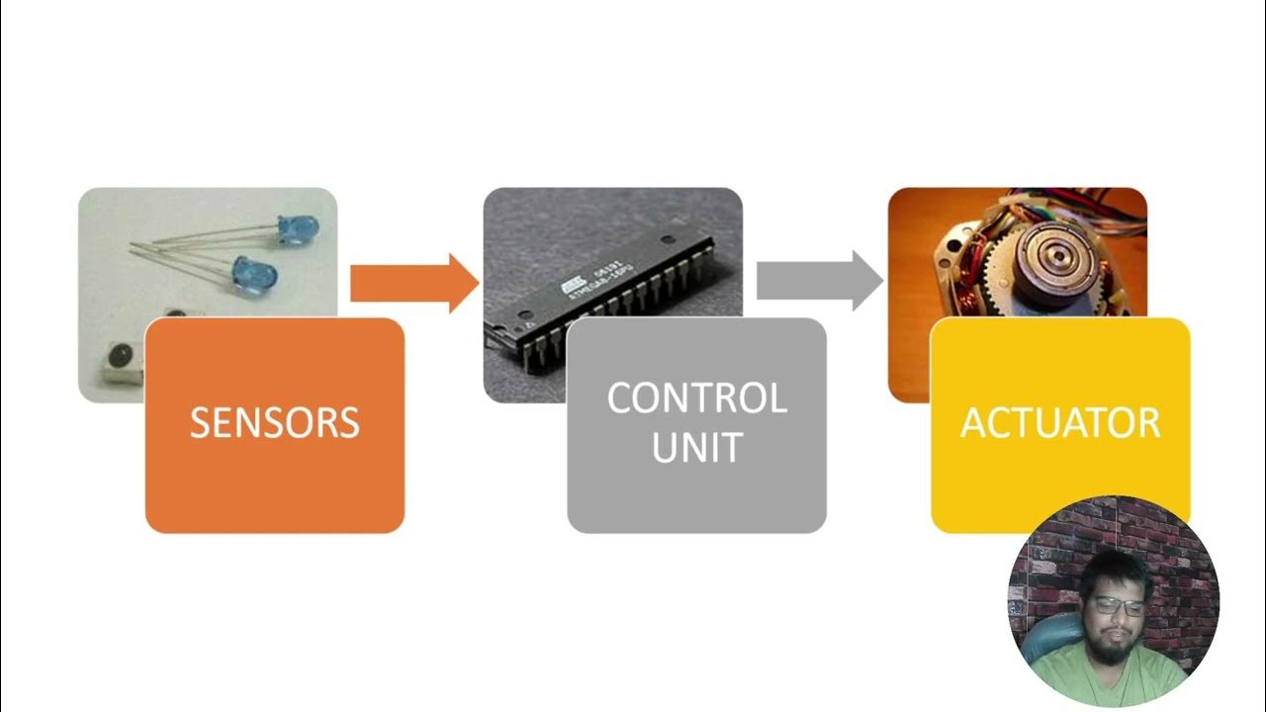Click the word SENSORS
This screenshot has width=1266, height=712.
point(274,423)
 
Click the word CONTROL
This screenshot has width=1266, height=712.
point(696,399)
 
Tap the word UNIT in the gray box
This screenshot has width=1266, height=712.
point(696,448)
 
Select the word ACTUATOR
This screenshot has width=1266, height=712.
point(1060,423)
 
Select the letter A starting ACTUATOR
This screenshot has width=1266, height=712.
point(975,423)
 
